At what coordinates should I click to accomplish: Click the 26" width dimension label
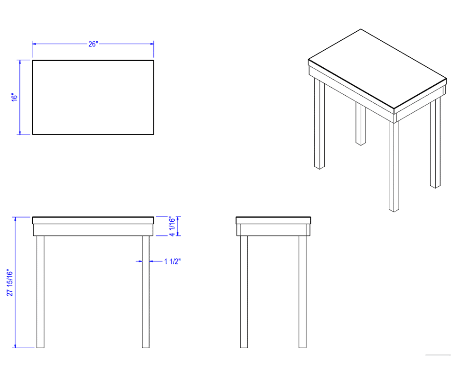click(x=93, y=44)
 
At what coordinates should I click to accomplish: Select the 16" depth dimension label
click(x=14, y=97)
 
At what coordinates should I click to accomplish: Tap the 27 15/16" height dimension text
click(x=10, y=282)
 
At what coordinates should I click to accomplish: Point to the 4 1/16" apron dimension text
click(x=172, y=226)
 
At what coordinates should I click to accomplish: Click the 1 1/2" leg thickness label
click(x=172, y=262)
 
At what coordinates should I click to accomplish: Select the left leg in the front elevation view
click(x=40, y=292)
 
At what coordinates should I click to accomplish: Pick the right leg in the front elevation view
click(x=146, y=292)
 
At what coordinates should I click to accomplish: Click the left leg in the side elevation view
click(x=244, y=292)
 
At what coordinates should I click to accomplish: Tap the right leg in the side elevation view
click(x=302, y=292)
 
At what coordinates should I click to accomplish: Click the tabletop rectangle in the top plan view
click(x=93, y=97)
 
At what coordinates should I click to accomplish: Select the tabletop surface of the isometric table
click(x=377, y=68)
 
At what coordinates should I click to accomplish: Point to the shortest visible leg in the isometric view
click(x=361, y=124)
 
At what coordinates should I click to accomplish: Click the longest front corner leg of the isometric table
click(x=394, y=167)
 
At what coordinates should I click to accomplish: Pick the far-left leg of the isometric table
click(x=319, y=124)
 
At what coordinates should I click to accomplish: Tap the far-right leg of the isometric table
click(x=435, y=143)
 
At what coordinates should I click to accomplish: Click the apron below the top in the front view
click(x=93, y=230)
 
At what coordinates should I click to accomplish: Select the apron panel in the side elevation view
click(x=273, y=230)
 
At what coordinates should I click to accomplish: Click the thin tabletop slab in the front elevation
click(x=93, y=220)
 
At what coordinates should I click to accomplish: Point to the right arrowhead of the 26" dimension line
click(x=152, y=44)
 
